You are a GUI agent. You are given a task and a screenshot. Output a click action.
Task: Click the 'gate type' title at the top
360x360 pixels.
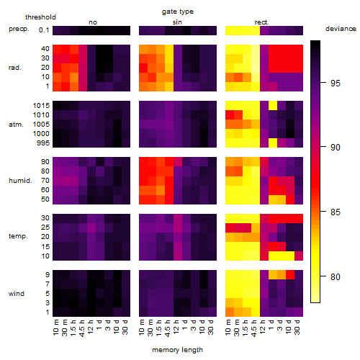click(178, 12)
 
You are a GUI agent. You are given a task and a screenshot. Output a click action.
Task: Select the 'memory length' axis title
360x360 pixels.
click(177, 350)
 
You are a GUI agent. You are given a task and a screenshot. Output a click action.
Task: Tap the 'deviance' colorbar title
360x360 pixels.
click(341, 29)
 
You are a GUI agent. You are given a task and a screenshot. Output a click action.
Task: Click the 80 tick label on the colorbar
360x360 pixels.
click(336, 277)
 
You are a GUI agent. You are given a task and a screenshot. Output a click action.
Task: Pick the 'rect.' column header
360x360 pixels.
click(261, 22)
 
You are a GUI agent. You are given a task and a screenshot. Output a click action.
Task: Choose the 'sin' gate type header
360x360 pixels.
click(177, 22)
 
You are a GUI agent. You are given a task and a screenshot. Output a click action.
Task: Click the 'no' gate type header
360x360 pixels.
click(93, 22)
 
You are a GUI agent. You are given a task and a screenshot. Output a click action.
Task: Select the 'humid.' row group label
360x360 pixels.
click(20, 181)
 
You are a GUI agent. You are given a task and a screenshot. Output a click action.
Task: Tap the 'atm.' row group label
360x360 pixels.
click(16, 125)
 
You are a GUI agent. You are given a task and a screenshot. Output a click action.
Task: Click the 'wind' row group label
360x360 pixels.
click(17, 294)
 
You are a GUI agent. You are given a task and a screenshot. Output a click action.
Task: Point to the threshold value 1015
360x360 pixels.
click(41, 106)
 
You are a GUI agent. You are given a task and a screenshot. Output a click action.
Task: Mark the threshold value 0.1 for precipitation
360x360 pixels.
click(44, 30)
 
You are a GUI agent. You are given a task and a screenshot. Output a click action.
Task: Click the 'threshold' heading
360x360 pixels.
click(40, 17)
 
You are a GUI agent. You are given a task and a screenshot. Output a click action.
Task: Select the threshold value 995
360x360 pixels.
click(43, 143)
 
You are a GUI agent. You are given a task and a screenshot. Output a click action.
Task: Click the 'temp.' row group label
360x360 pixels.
click(18, 236)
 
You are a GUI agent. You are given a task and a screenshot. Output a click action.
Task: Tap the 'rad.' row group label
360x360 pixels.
click(15, 68)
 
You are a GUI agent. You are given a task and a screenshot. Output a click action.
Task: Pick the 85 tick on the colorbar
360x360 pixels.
click(323, 212)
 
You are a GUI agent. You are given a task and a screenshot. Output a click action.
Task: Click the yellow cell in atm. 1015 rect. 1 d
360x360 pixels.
click(273, 106)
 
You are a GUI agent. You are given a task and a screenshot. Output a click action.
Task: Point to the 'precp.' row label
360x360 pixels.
click(19, 29)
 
